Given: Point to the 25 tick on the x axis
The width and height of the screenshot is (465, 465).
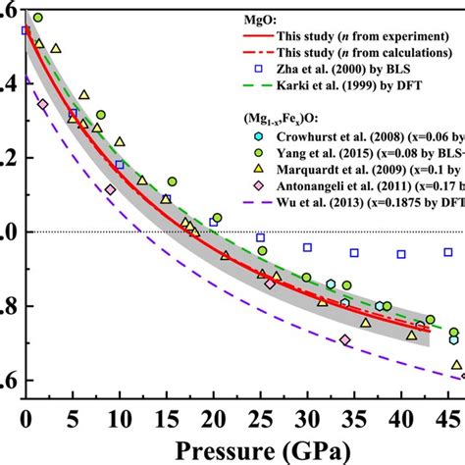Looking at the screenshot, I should click(x=261, y=416).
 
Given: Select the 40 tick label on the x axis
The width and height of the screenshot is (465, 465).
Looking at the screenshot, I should click(x=402, y=416).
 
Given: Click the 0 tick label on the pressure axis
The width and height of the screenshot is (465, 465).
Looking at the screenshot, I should click(x=26, y=416).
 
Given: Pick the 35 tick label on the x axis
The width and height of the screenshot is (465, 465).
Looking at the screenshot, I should click(x=355, y=416).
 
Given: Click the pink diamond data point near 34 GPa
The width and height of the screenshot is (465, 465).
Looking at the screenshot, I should click(x=345, y=339).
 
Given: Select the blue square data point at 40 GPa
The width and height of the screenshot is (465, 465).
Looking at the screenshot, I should click(x=401, y=254).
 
